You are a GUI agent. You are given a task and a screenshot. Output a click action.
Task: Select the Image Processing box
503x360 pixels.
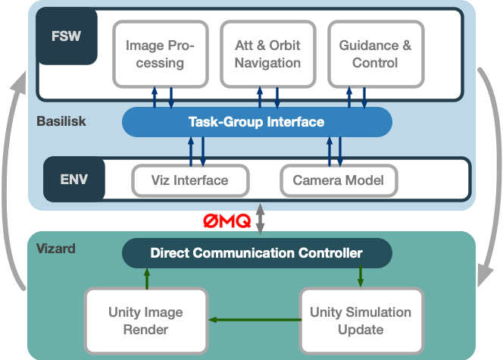[x=160, y=54]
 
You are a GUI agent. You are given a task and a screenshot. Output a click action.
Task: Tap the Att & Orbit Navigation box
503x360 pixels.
[x=267, y=54]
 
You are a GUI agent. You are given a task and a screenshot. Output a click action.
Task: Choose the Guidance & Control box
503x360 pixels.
[x=375, y=54]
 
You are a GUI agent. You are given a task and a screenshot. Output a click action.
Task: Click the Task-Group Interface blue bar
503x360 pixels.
[x=256, y=122]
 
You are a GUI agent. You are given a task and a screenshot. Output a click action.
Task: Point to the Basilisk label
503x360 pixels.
[x=61, y=121]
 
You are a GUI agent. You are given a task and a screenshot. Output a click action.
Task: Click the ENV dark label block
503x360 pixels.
[x=73, y=180]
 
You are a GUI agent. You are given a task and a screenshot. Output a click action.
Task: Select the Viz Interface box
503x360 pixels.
[x=190, y=180]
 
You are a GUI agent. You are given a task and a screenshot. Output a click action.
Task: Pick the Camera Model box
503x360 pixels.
[x=339, y=180]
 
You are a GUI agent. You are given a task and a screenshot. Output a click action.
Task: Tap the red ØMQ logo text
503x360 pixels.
[x=227, y=221]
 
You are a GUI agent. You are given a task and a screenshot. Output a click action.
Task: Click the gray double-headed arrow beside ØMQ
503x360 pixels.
[x=261, y=218]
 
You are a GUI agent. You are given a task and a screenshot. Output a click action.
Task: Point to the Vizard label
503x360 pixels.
[x=56, y=248]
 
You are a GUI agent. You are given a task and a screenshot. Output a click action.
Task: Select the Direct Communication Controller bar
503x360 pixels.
[x=256, y=253]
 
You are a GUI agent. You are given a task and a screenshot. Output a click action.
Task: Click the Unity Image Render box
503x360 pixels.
[x=145, y=321]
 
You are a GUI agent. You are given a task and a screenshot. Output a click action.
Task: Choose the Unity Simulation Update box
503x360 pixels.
[x=361, y=321]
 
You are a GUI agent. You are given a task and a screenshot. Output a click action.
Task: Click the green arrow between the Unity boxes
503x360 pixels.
[x=253, y=319]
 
